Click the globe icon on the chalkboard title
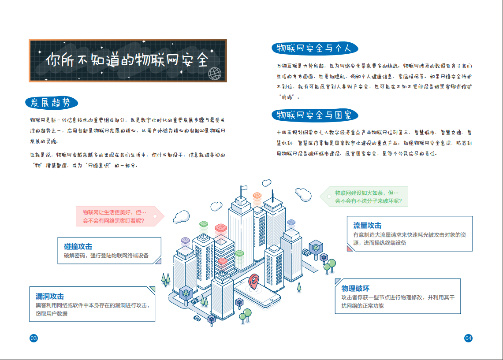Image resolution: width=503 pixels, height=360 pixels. coord(214,73)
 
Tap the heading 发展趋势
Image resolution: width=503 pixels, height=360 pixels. coord(51,103)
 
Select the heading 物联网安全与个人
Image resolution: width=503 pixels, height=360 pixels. coord(313,48)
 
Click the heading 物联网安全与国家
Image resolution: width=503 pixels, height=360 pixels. coord(314,115)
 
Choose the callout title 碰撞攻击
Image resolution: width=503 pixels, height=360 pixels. coord(78,246)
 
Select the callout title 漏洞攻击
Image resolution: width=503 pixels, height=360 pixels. coord(50,296)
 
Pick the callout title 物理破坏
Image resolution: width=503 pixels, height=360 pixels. coord(355,288)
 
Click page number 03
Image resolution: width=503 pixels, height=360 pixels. coord(34,338)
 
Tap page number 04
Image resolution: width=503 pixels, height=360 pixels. coord(468,338)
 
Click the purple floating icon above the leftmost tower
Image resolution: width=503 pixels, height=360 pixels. coord(185,241)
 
